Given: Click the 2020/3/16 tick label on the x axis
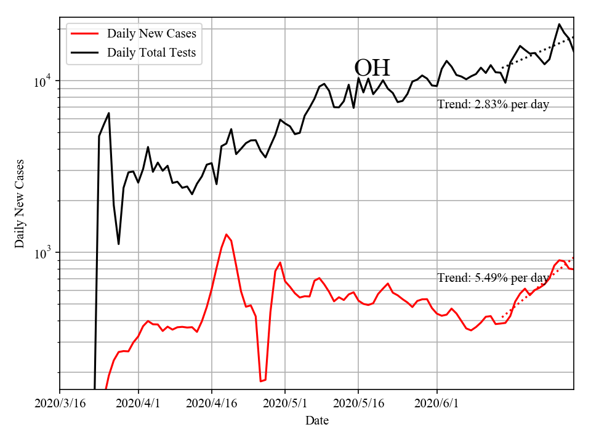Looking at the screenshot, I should tap(60, 404).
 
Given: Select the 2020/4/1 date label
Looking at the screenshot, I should tap(139, 404).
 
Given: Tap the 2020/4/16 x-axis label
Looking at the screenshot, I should tap(212, 404).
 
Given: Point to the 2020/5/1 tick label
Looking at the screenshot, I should tap(285, 404).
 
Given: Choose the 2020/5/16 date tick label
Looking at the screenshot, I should tap(358, 404).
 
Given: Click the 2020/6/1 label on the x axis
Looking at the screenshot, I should tap(436, 404).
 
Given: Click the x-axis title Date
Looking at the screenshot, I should tap(316, 421).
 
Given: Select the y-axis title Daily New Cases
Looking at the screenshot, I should tap(20, 204).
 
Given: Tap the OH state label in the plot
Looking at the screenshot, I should tap(372, 68).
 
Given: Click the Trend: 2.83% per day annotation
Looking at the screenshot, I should tap(493, 105).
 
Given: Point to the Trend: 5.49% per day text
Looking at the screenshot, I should tap(493, 278).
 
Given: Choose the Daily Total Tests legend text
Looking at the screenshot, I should tap(151, 53).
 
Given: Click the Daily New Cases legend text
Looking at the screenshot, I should tap(151, 34).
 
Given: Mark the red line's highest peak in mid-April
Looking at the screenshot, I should tap(227, 234).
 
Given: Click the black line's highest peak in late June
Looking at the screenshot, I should tap(559, 25).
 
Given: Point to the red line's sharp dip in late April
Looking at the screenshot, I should tap(261, 381).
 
